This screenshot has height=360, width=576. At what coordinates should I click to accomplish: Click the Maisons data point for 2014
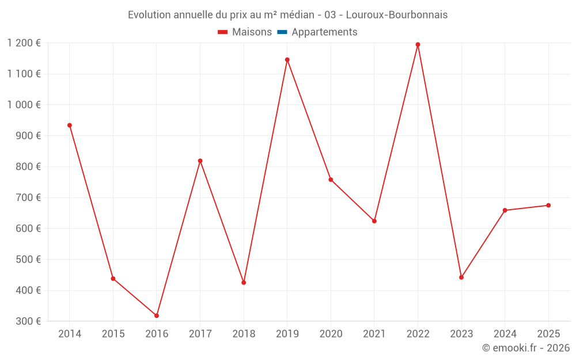tap(70, 125)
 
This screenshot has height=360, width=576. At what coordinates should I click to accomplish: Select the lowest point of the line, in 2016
tap(157, 316)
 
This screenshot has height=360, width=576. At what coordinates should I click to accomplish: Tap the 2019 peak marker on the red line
tap(287, 59)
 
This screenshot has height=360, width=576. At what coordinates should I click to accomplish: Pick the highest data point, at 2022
tap(418, 44)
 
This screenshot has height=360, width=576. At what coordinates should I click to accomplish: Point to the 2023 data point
tap(461, 277)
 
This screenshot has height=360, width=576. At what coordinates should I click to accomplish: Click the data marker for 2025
tap(548, 205)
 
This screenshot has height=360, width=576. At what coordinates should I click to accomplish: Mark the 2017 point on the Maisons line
tap(200, 161)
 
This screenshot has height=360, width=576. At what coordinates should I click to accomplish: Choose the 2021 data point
tap(374, 221)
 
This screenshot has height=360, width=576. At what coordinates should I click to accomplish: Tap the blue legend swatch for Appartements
tap(282, 32)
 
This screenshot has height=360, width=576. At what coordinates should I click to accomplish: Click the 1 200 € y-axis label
tap(24, 43)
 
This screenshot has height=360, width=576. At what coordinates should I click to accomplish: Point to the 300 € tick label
tap(28, 321)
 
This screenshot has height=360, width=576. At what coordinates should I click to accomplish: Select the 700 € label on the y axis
tap(28, 198)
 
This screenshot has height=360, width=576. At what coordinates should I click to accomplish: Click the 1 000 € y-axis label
tap(24, 105)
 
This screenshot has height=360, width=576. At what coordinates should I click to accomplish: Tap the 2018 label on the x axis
tap(244, 334)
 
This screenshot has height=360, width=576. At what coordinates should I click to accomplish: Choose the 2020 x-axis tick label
tap(331, 334)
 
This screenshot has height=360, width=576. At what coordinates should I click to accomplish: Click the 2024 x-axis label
tap(505, 334)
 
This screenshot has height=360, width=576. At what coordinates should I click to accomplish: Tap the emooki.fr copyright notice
tap(525, 348)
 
